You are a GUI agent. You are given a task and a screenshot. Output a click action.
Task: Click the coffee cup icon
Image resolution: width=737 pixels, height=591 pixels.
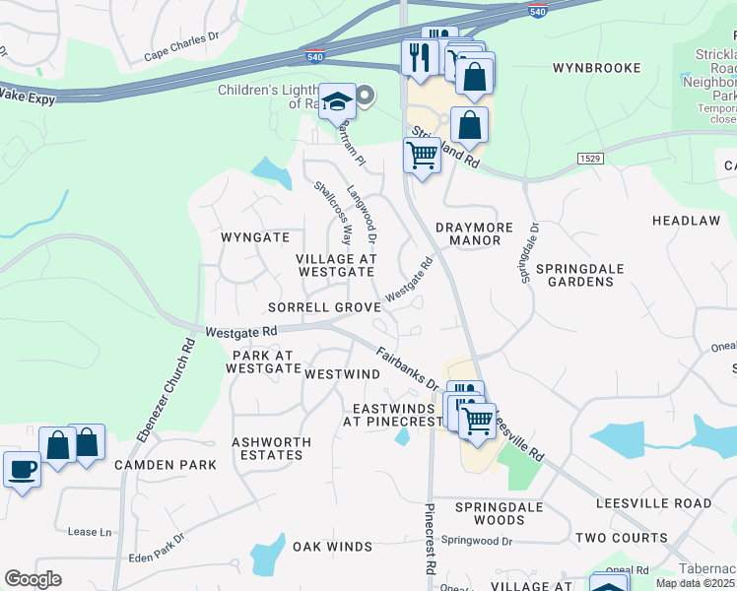tap(22, 469)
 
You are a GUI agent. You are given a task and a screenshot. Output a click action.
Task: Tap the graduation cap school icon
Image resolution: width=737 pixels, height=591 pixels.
tap(338, 101)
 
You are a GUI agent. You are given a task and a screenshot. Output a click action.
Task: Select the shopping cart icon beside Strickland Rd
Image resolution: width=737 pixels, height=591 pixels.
tap(422, 155)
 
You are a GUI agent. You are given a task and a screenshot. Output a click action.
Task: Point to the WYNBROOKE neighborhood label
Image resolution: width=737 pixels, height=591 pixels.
tap(597, 68)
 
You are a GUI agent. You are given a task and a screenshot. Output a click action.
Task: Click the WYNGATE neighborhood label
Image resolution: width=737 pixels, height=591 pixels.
tap(255, 237)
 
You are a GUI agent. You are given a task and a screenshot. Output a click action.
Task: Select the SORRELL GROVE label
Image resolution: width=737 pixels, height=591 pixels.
tap(324, 307)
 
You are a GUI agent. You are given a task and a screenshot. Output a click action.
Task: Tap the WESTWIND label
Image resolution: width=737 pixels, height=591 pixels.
tap(343, 375)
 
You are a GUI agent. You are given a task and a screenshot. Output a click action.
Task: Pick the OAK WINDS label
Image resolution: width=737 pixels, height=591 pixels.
tap(332, 546)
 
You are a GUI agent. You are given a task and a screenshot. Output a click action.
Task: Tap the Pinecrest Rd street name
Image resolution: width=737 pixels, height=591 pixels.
tap(430, 540)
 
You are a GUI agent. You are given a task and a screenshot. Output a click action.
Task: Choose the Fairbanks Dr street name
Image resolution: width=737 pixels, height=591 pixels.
tap(406, 368)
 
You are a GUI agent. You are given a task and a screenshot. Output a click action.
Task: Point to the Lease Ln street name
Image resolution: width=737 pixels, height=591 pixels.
tap(90, 532)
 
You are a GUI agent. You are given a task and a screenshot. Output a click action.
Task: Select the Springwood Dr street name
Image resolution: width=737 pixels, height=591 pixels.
tap(477, 541)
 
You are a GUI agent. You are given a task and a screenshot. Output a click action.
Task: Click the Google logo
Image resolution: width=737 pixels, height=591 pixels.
tap(33, 579)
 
